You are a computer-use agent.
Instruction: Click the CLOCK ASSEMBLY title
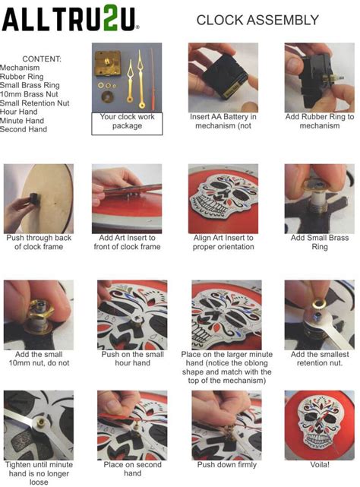[257, 21]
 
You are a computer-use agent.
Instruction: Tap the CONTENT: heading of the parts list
[42, 59]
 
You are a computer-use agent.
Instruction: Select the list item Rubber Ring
[22, 77]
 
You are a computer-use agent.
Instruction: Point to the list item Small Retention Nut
[34, 103]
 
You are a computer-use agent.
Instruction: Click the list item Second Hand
[24, 129]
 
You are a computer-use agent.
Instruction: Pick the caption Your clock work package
[127, 121]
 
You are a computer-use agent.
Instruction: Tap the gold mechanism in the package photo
[108, 63]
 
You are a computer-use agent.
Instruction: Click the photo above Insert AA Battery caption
[223, 77]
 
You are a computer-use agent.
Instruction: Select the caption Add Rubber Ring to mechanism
[320, 121]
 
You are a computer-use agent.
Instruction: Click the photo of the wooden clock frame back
[39, 199]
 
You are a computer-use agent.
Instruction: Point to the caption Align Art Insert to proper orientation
[223, 242]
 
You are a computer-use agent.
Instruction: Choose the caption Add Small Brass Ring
[320, 242]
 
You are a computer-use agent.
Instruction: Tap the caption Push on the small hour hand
[133, 359]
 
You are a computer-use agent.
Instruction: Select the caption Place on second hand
[133, 469]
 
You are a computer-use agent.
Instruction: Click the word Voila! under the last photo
[320, 465]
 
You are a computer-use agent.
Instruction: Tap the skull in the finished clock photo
[319, 422]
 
